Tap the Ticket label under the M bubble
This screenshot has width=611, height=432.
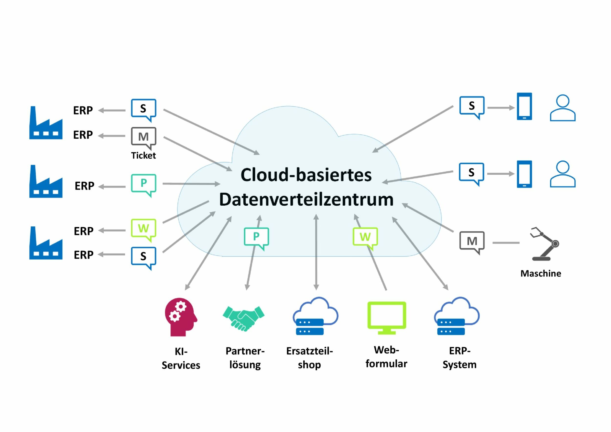click(143, 155)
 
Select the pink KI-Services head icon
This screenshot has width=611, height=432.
click(180, 317)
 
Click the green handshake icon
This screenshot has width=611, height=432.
click(243, 318)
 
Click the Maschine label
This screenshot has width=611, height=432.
click(540, 274)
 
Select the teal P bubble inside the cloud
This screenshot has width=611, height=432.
click(256, 237)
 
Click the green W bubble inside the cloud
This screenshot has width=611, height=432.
click(365, 237)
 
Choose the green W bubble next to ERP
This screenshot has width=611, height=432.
click(143, 228)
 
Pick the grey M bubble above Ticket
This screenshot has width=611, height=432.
click(143, 137)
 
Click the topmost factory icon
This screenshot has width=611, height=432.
click(46, 123)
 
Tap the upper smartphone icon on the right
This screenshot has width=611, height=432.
click(524, 106)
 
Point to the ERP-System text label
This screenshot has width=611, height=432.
click(459, 357)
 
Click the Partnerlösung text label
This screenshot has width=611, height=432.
click(245, 357)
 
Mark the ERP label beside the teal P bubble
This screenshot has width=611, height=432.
click(84, 186)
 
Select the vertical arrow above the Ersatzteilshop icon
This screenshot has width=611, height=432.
click(316, 252)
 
